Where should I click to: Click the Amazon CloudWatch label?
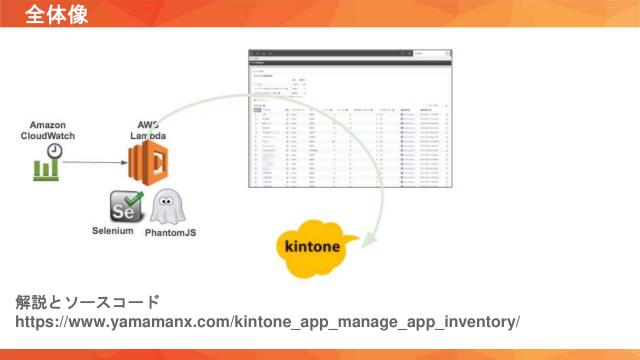48,130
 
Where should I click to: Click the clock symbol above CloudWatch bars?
55,150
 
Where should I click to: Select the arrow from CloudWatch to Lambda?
94,161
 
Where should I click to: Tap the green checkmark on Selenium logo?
135,200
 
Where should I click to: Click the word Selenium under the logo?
113,231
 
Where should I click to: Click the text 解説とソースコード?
87,302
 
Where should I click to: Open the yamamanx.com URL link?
267,322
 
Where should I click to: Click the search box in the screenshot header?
432,53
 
